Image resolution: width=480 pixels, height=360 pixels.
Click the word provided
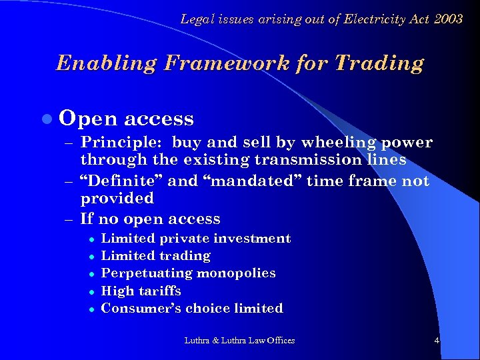[117, 198]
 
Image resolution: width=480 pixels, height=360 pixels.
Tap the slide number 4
[437, 341]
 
